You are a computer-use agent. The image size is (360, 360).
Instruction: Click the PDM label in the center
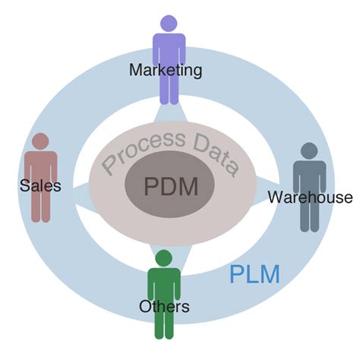171,187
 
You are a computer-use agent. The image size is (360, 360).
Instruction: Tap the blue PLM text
254,274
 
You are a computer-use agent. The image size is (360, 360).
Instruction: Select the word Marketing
166,71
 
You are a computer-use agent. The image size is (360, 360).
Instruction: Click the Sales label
40,185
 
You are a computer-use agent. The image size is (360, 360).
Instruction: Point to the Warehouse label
310,197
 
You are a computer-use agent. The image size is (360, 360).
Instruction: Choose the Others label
164,307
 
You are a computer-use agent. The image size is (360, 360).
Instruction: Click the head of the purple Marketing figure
169,24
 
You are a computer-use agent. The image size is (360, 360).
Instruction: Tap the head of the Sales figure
40,141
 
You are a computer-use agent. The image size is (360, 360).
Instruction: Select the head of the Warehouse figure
309,150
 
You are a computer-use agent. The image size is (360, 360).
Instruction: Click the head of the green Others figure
163,258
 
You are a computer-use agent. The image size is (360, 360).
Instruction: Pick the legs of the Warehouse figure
309,216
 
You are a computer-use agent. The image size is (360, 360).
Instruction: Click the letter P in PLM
236,274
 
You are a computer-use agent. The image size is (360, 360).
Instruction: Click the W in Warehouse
274,197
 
